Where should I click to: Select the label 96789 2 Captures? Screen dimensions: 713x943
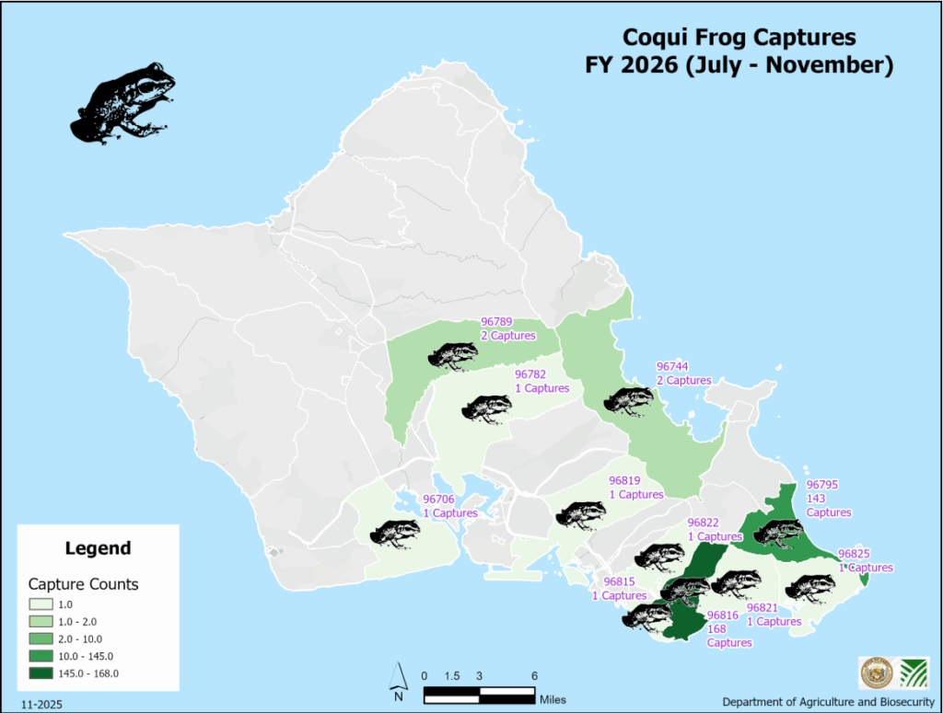(x=508, y=328)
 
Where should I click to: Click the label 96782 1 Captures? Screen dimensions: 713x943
(x=541, y=381)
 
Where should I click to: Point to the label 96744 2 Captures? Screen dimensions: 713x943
(x=682, y=373)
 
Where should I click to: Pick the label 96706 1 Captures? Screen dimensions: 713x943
(x=449, y=506)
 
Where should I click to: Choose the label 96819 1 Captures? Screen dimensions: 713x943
(x=635, y=488)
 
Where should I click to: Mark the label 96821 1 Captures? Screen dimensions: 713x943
(x=774, y=615)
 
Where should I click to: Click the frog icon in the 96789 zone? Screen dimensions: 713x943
(x=453, y=354)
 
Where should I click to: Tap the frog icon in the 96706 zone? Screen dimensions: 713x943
(x=394, y=533)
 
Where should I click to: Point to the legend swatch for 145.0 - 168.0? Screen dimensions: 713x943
(x=41, y=673)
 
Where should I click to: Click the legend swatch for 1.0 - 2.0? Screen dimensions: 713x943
(x=41, y=621)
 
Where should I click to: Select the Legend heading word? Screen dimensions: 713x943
(x=98, y=548)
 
